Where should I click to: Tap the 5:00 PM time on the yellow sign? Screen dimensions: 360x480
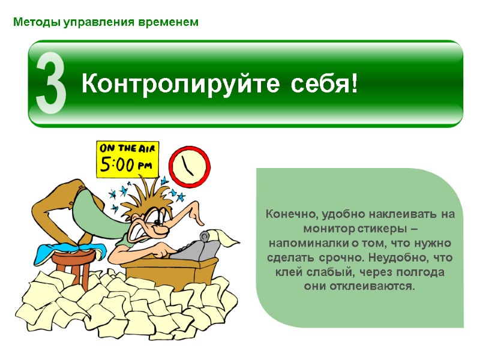point(126,164)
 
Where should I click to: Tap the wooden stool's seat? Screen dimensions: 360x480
point(75,255)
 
